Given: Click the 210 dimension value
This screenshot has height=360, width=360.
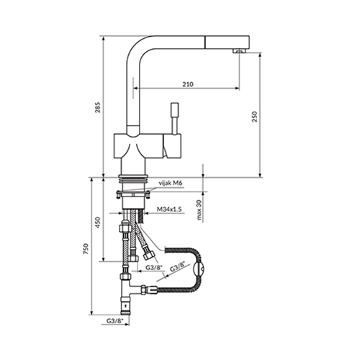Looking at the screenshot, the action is (x=188, y=84).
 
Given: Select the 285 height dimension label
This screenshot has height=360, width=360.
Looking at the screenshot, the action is (x=97, y=107).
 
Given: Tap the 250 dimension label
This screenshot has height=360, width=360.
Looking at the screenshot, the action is (x=254, y=117).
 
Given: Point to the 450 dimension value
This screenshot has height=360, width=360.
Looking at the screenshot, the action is (x=98, y=222).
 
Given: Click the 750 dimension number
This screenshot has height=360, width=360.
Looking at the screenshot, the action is (x=86, y=249).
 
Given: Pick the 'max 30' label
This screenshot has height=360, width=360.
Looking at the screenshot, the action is (x=199, y=210).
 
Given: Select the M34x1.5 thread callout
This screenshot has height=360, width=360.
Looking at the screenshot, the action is (x=169, y=209).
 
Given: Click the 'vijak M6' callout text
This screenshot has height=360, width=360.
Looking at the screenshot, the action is (x=171, y=183).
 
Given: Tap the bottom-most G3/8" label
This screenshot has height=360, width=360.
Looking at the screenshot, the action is (x=114, y=320).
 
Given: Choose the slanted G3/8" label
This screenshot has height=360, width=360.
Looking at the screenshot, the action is (x=178, y=267).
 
